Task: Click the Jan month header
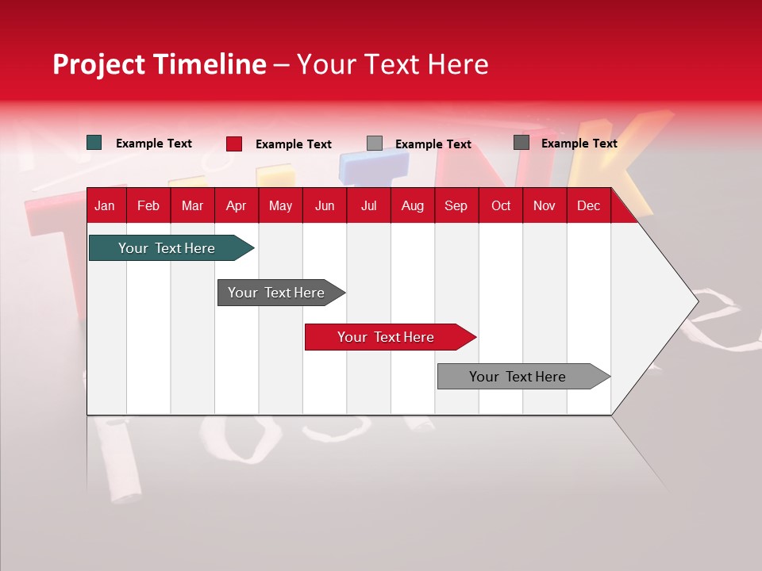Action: click(x=105, y=205)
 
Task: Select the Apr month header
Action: click(x=237, y=205)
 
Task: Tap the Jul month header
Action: click(x=369, y=205)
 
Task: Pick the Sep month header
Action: click(x=456, y=205)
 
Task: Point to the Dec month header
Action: click(x=588, y=205)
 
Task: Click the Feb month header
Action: click(x=148, y=205)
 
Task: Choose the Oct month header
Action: click(x=501, y=205)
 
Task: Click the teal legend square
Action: click(x=94, y=143)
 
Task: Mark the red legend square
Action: click(x=233, y=144)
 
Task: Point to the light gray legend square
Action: click(x=375, y=144)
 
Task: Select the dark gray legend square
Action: click(x=521, y=143)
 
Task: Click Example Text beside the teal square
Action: click(x=154, y=144)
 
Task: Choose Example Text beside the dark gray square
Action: click(x=579, y=144)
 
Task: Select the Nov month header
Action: click(x=545, y=205)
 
